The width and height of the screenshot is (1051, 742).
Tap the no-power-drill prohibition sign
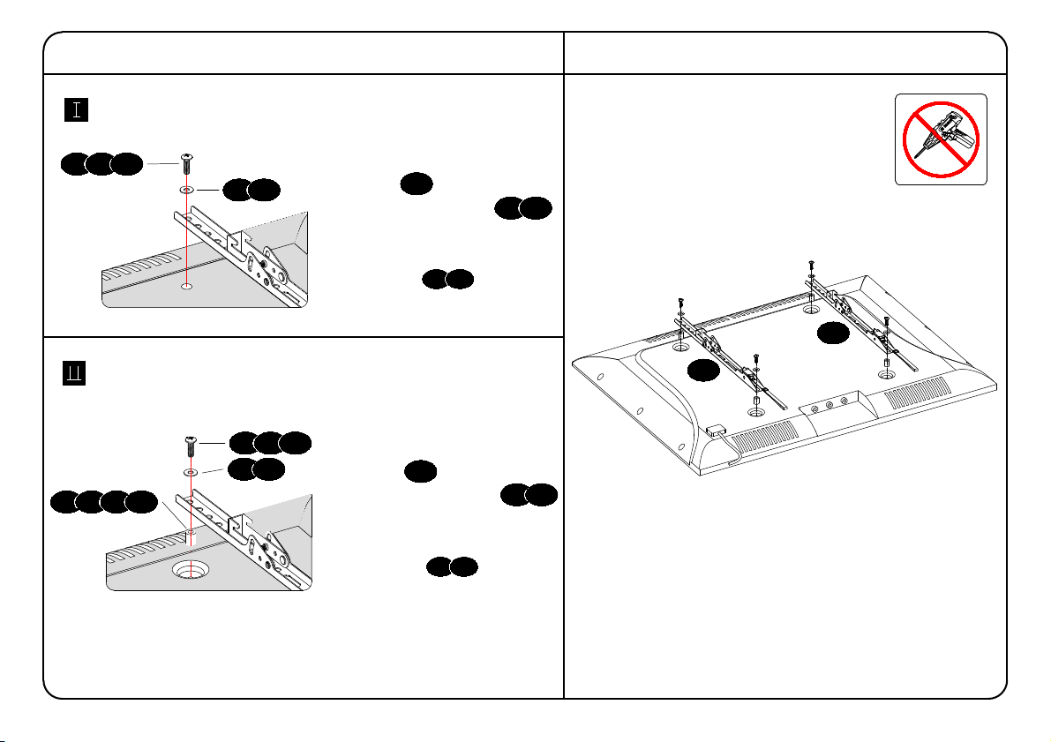(941, 139)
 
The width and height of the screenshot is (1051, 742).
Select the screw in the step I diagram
(187, 164)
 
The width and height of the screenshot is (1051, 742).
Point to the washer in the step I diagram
(187, 190)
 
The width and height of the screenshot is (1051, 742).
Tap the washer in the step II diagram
(191, 473)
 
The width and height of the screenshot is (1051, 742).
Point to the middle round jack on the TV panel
(830, 405)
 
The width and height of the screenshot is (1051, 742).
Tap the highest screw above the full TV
(811, 264)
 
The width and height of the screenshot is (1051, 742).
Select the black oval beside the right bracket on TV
(832, 333)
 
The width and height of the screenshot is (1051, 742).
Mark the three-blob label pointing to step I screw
(101, 163)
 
